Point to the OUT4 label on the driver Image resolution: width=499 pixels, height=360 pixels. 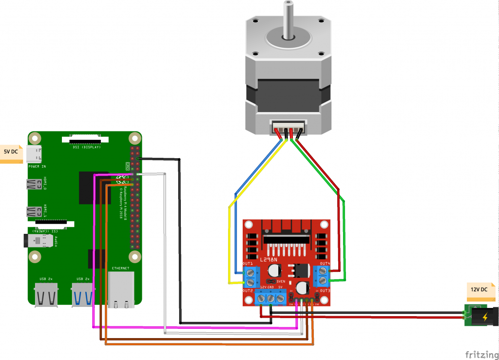click(x=325, y=264)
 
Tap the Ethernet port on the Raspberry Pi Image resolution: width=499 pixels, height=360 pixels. click(x=121, y=290)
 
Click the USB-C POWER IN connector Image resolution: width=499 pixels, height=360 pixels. click(x=35, y=154)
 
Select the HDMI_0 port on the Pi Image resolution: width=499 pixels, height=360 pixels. click(x=34, y=185)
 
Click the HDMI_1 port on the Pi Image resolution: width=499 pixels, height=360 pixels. click(x=34, y=212)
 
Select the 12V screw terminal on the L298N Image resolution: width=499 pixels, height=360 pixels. click(x=261, y=297)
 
